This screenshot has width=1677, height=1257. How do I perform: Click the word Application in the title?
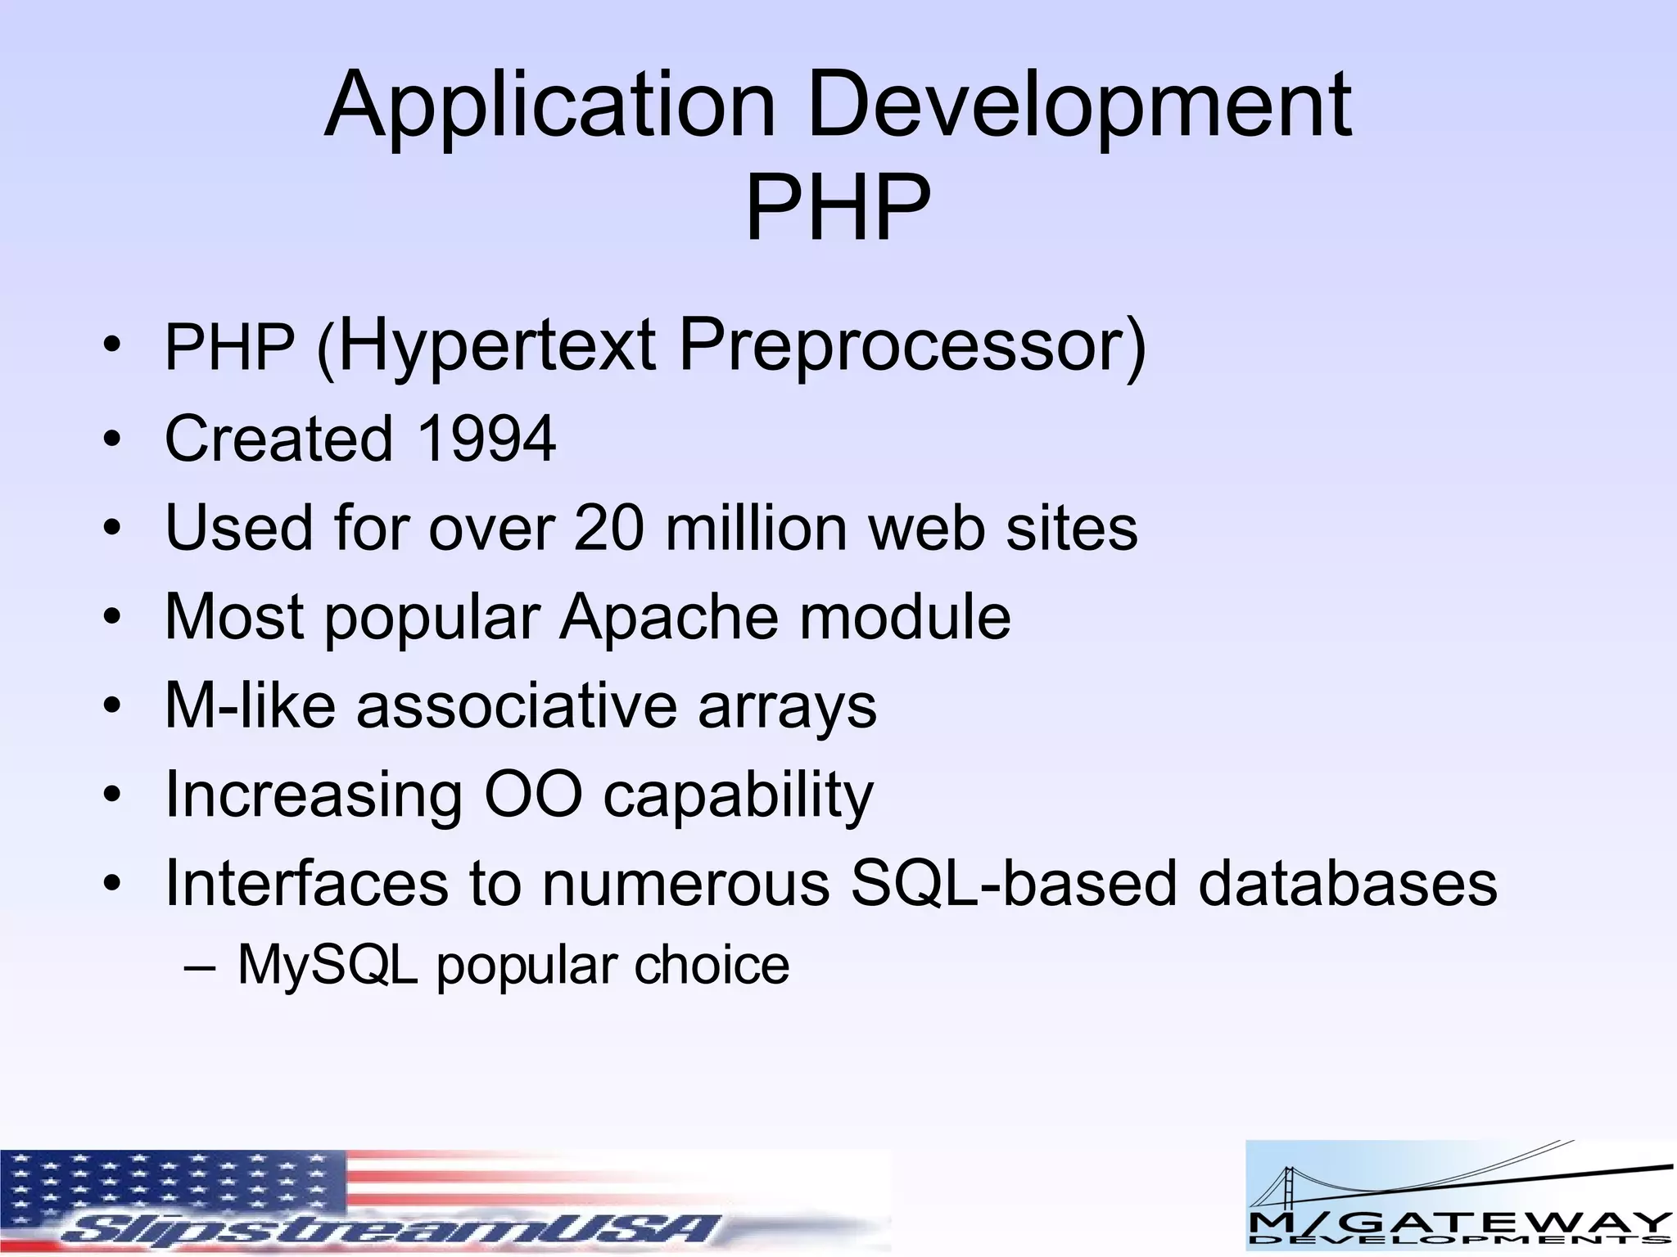(549, 106)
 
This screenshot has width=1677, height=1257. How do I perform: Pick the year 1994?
(486, 439)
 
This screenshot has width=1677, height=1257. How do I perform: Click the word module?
(905, 616)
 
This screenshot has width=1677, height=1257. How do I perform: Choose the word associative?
(517, 705)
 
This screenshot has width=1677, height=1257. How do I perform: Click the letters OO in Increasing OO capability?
(533, 794)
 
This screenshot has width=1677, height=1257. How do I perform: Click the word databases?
(1348, 883)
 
